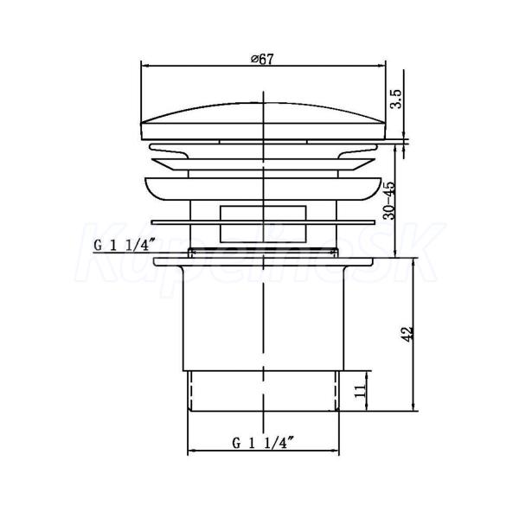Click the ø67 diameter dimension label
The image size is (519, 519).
click(x=262, y=59)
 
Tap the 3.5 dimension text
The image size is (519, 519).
click(x=396, y=99)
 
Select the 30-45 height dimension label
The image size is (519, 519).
click(x=389, y=201)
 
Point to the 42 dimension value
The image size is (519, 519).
click(x=407, y=334)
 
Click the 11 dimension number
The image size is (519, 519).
click(x=360, y=391)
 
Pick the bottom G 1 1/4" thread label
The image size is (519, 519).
click(x=263, y=443)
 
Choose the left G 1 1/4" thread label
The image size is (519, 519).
click(x=125, y=246)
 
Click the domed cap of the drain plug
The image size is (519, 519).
click(x=264, y=121)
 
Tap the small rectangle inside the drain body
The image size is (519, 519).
click(x=263, y=224)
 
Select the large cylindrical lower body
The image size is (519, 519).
click(x=264, y=318)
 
